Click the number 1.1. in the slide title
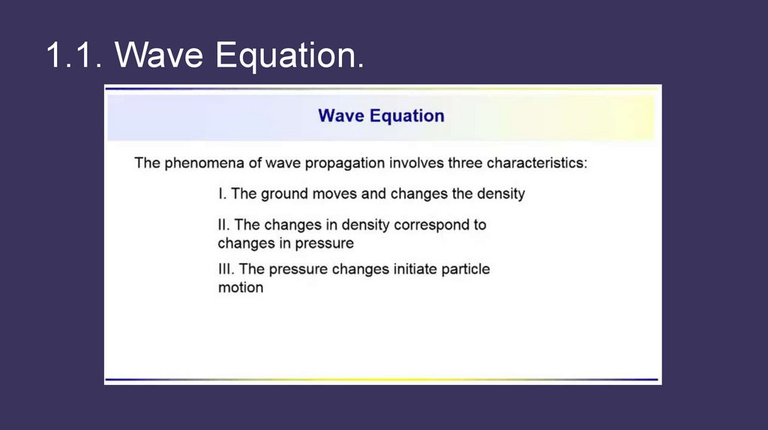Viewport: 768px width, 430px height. pyautogui.click(x=74, y=54)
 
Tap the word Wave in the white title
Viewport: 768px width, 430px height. pyautogui.click(x=159, y=54)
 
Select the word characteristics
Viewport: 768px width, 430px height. pyautogui.click(x=537, y=163)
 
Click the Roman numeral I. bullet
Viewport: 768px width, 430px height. pyautogui.click(x=222, y=194)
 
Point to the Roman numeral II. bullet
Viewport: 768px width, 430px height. pyautogui.click(x=223, y=225)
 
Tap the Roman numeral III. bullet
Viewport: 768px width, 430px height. pyautogui.click(x=226, y=269)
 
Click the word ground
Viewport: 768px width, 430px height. pyautogui.click(x=284, y=194)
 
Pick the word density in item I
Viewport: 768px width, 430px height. pyautogui.click(x=501, y=194)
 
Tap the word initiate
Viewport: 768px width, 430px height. pyautogui.click(x=415, y=269)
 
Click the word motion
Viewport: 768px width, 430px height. pyautogui.click(x=241, y=288)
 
